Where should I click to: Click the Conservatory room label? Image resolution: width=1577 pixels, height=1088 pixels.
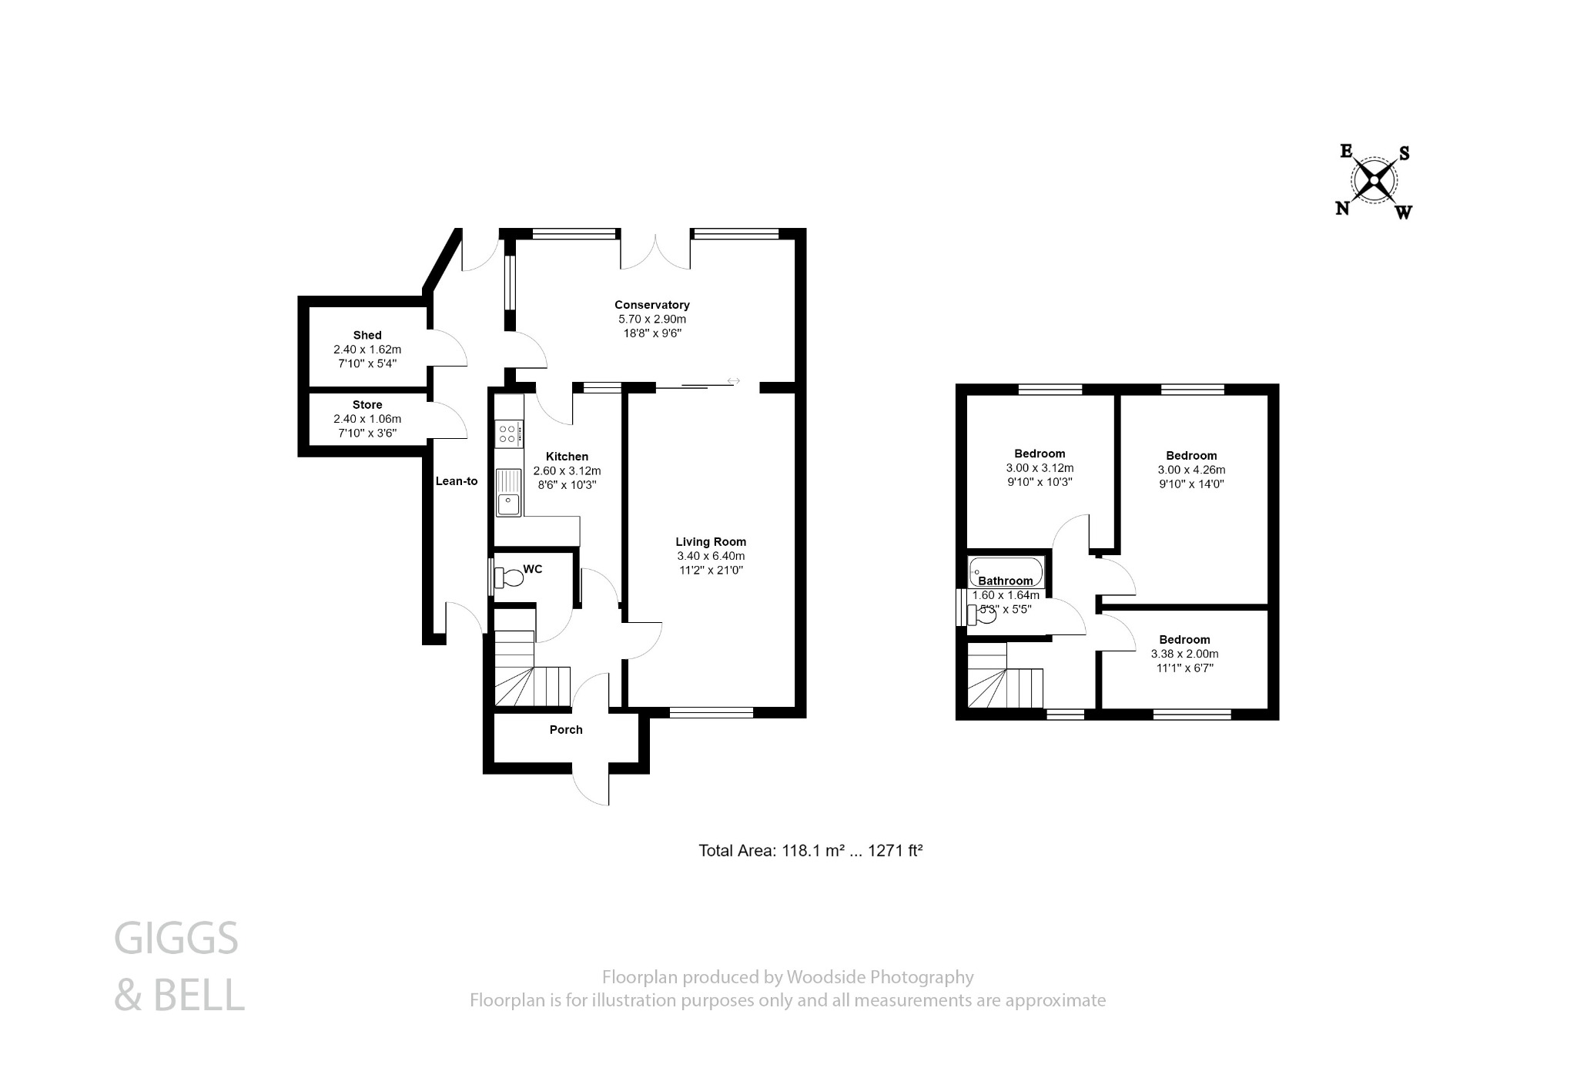pos(651,305)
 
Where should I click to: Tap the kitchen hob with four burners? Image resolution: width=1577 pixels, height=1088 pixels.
pos(508,433)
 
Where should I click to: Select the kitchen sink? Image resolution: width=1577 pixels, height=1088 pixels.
pos(508,493)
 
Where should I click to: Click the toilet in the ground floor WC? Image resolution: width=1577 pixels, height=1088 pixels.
pos(509,577)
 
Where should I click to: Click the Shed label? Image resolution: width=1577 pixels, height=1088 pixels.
pos(367,335)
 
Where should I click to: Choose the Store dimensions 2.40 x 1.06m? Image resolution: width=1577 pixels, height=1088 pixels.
pos(367,419)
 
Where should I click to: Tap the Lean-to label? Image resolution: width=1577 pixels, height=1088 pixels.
pos(457,481)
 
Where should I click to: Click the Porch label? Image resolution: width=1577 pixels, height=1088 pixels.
pos(566,729)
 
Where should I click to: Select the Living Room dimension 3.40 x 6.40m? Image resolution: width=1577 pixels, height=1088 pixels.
pos(711,556)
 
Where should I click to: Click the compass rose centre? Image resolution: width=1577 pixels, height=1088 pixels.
pos(1374,182)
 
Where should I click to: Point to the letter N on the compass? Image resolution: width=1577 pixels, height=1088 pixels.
pos(1342,208)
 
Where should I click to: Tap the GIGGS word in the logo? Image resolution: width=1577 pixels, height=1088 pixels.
pos(176,939)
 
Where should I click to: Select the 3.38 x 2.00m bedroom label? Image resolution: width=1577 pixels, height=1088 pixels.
pos(1184,654)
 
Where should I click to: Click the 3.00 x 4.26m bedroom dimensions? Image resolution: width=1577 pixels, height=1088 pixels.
pos(1191,470)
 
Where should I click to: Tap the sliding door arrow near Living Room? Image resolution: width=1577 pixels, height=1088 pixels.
pos(733,380)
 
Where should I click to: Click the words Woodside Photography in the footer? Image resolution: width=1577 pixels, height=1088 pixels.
pos(879,977)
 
